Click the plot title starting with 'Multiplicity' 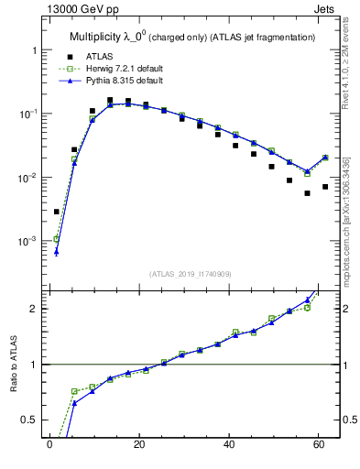192,37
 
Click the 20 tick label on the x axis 139,445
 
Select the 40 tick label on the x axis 229,445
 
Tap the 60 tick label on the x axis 319,445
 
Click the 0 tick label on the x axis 49,445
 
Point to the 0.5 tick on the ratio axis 28,420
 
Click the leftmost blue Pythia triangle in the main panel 57,251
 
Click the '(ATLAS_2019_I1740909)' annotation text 191,274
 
